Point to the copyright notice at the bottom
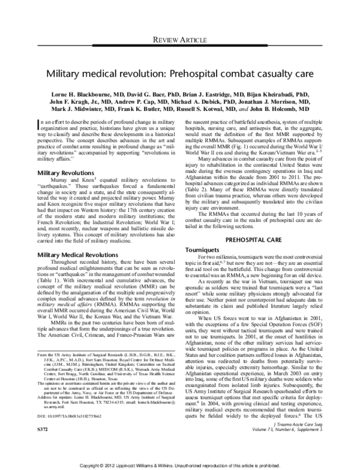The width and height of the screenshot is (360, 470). (x=180, y=464)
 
